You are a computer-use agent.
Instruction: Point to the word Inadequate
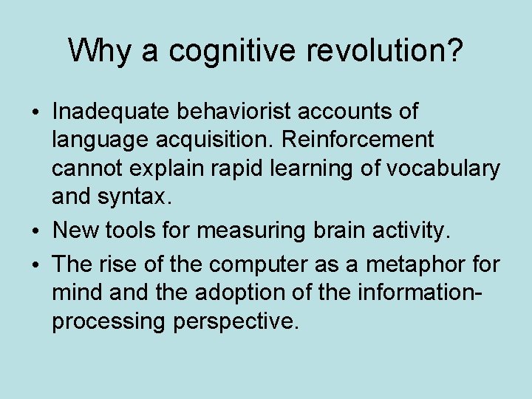click(x=110, y=112)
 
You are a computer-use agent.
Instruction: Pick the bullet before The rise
click(x=37, y=265)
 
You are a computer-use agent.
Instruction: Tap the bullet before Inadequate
click(x=37, y=113)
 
